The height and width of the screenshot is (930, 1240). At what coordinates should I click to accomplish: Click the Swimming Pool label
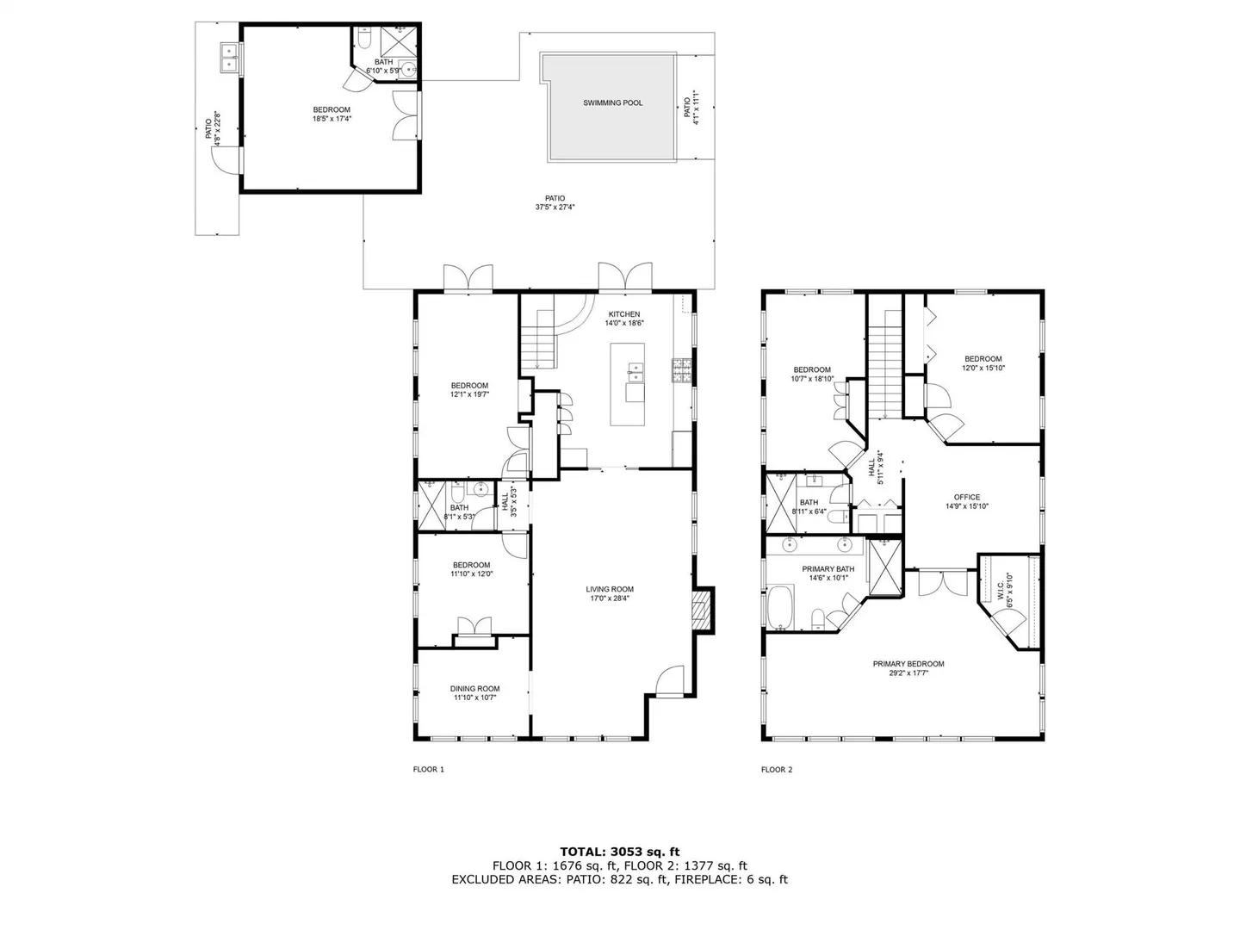[x=612, y=102]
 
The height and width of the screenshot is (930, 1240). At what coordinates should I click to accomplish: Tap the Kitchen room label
[x=623, y=314]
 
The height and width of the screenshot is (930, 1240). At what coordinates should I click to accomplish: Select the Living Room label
[x=610, y=590]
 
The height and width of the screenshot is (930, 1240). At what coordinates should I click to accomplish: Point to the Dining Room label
[x=474, y=689]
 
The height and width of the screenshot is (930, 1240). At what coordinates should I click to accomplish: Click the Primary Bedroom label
[x=908, y=664]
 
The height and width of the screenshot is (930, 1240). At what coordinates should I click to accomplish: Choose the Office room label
[x=966, y=498]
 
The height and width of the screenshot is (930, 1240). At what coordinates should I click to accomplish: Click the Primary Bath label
[x=828, y=569]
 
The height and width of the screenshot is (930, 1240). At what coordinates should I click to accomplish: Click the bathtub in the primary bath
[x=781, y=607]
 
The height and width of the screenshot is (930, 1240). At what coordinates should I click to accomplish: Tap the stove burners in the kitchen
[x=682, y=371]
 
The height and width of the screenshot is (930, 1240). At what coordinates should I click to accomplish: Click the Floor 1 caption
[x=428, y=769]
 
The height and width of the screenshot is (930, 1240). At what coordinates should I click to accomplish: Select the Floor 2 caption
[x=776, y=769]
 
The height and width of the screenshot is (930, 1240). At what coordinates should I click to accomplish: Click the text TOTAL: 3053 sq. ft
[x=620, y=852]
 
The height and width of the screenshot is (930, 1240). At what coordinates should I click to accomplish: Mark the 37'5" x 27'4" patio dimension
[x=555, y=208]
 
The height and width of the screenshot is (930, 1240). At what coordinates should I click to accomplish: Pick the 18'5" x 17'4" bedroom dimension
[x=332, y=119]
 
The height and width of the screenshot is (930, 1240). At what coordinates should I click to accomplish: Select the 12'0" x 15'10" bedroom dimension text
[x=983, y=368]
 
